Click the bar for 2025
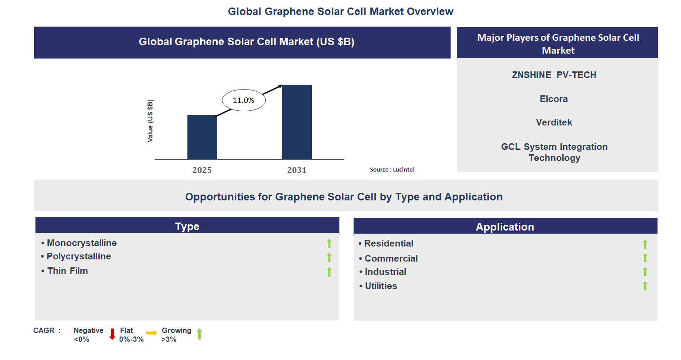click(202, 137)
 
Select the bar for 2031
click(297, 122)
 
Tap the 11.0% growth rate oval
click(243, 100)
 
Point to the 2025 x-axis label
click(202, 170)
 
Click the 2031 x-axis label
click(297, 170)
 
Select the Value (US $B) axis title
click(150, 121)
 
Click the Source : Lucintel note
click(392, 170)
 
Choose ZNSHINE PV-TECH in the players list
click(554, 75)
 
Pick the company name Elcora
click(553, 99)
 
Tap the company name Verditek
click(554, 122)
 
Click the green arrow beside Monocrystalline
click(329, 243)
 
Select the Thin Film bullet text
click(68, 271)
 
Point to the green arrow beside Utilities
click(645, 286)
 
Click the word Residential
click(389, 243)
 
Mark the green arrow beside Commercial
click(645, 258)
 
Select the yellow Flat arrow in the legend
click(152, 333)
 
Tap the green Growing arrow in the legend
click(199, 334)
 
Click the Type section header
click(187, 226)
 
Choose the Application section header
click(505, 227)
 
